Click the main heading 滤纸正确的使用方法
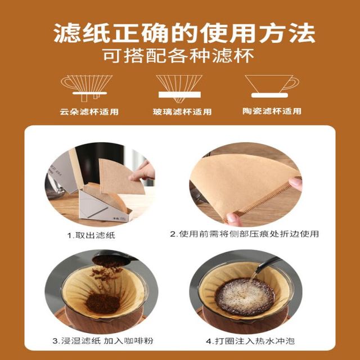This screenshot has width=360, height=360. click(184, 33)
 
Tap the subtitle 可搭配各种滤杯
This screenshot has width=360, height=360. click(178, 56)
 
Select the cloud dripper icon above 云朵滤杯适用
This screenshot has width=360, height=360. click(87, 88)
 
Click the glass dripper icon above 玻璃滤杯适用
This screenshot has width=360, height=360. click(179, 88)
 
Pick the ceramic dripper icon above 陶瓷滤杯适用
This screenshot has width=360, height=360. click(272, 86)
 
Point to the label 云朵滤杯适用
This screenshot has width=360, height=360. click(89, 112)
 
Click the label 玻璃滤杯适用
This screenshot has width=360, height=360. click(182, 112)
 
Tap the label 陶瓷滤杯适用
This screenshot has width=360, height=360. click(272, 111)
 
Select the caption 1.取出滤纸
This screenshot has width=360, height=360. click(91, 235)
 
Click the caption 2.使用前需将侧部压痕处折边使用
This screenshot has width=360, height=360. click(244, 234)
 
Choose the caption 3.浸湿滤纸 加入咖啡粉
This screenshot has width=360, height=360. click(102, 341)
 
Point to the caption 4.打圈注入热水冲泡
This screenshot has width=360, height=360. click(250, 341)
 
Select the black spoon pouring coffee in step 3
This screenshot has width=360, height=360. click(115, 258)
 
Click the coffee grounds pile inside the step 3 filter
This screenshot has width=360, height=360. click(103, 303)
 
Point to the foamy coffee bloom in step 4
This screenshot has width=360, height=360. click(245, 296)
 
